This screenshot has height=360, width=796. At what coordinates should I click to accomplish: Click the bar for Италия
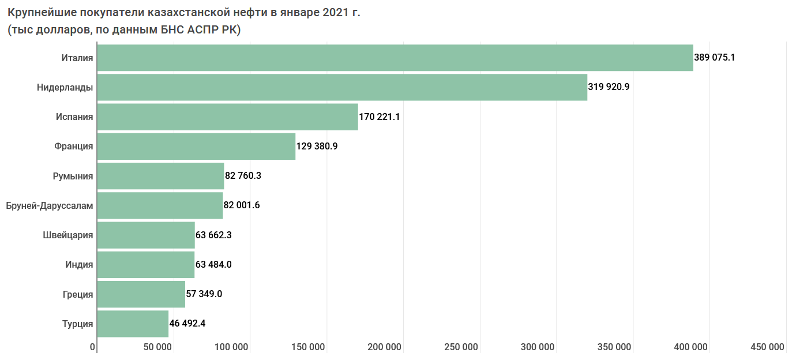(x=395, y=58)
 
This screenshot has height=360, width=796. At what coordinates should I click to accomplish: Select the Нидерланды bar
(x=341, y=87)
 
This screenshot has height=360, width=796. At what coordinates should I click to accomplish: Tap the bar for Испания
(x=227, y=117)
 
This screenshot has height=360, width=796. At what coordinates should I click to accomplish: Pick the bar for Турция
(x=133, y=324)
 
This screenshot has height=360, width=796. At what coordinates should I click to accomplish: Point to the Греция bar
(x=141, y=294)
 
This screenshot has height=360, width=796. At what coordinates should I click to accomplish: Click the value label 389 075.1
(x=715, y=58)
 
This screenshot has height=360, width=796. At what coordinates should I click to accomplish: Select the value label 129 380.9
(x=317, y=147)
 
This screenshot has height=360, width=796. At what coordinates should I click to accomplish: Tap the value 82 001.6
(x=242, y=205)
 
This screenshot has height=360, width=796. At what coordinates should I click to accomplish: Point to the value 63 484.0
(x=213, y=265)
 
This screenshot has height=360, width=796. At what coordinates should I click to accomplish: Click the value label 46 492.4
(x=187, y=324)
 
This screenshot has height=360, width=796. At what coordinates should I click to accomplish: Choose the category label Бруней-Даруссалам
(x=49, y=205)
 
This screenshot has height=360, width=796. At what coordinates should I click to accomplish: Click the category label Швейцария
(x=68, y=235)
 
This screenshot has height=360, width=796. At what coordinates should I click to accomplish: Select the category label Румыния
(x=73, y=176)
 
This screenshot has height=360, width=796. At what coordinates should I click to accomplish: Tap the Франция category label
(x=74, y=147)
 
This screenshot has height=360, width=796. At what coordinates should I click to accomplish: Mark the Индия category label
(x=79, y=265)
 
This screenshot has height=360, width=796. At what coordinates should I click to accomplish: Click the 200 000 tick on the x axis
(x=384, y=347)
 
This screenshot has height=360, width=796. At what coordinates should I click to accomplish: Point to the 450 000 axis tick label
(x=767, y=347)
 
